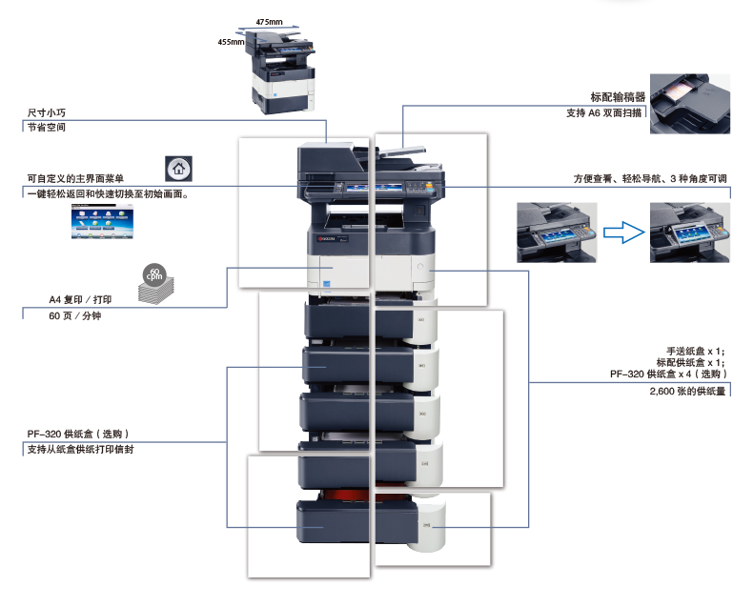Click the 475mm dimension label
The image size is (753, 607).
[270, 21]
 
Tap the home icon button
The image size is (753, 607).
[178, 168]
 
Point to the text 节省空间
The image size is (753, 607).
[47, 126]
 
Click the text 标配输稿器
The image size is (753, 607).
[618, 97]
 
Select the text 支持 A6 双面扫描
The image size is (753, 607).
[604, 113]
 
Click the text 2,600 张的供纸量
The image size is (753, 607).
[687, 392]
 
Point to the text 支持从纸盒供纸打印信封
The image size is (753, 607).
[80, 449]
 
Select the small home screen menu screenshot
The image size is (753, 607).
[104, 224]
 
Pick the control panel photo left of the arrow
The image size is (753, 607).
[557, 232]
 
